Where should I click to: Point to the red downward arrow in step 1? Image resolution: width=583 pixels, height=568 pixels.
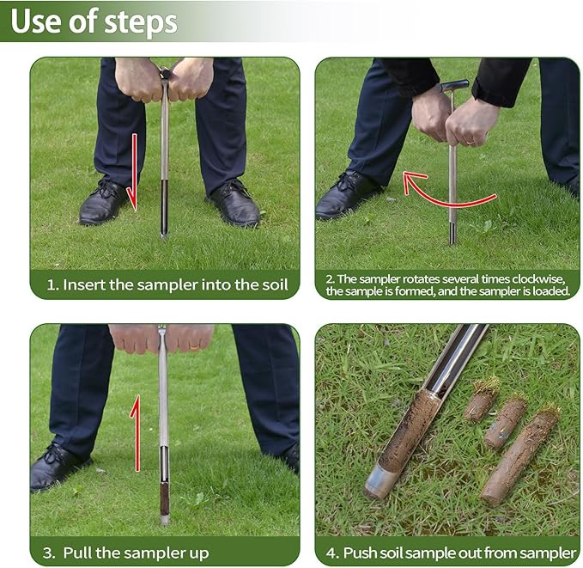click(x=132, y=172)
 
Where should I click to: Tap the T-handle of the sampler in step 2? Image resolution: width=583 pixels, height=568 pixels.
click(x=454, y=86)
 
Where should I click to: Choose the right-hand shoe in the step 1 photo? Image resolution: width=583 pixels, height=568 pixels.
click(x=234, y=205)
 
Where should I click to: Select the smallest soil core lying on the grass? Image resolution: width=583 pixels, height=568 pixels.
click(x=481, y=401)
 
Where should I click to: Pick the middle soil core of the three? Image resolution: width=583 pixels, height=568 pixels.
click(x=504, y=421)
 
